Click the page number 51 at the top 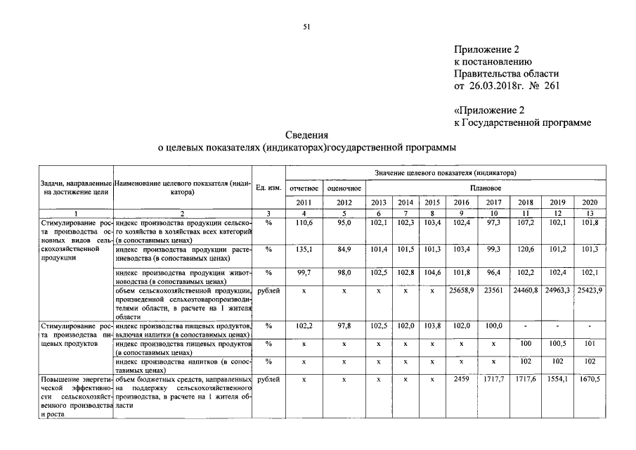tap(306, 27)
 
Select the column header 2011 tap(303, 202)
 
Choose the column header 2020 tap(589, 202)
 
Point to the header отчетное tap(303, 188)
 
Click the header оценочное tap(344, 188)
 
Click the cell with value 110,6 tap(303, 222)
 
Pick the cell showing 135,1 tap(303, 249)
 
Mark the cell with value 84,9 tap(344, 249)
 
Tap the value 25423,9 tap(589, 290)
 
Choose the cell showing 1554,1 tap(557, 380)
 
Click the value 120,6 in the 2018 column tap(526, 249)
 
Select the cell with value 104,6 tap(431, 272)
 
